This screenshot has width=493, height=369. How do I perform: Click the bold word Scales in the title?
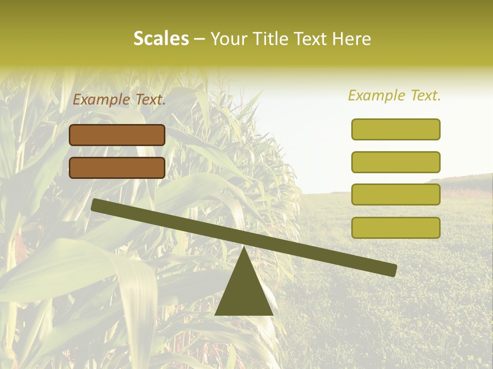[x=161, y=38]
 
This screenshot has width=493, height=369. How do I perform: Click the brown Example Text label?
[x=119, y=99]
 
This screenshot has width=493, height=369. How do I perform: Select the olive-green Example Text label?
[x=394, y=95]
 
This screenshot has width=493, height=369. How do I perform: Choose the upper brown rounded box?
[x=117, y=135]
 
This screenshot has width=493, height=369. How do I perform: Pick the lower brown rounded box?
[x=117, y=168]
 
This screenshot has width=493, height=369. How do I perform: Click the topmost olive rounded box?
[x=396, y=129]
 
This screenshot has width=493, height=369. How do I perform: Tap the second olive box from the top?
[x=396, y=162]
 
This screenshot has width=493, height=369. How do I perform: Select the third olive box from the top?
[x=396, y=195]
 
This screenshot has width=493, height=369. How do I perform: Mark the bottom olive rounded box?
[x=396, y=228]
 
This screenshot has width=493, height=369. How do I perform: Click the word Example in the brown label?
[x=102, y=99]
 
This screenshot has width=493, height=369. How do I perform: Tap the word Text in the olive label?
[x=425, y=95]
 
